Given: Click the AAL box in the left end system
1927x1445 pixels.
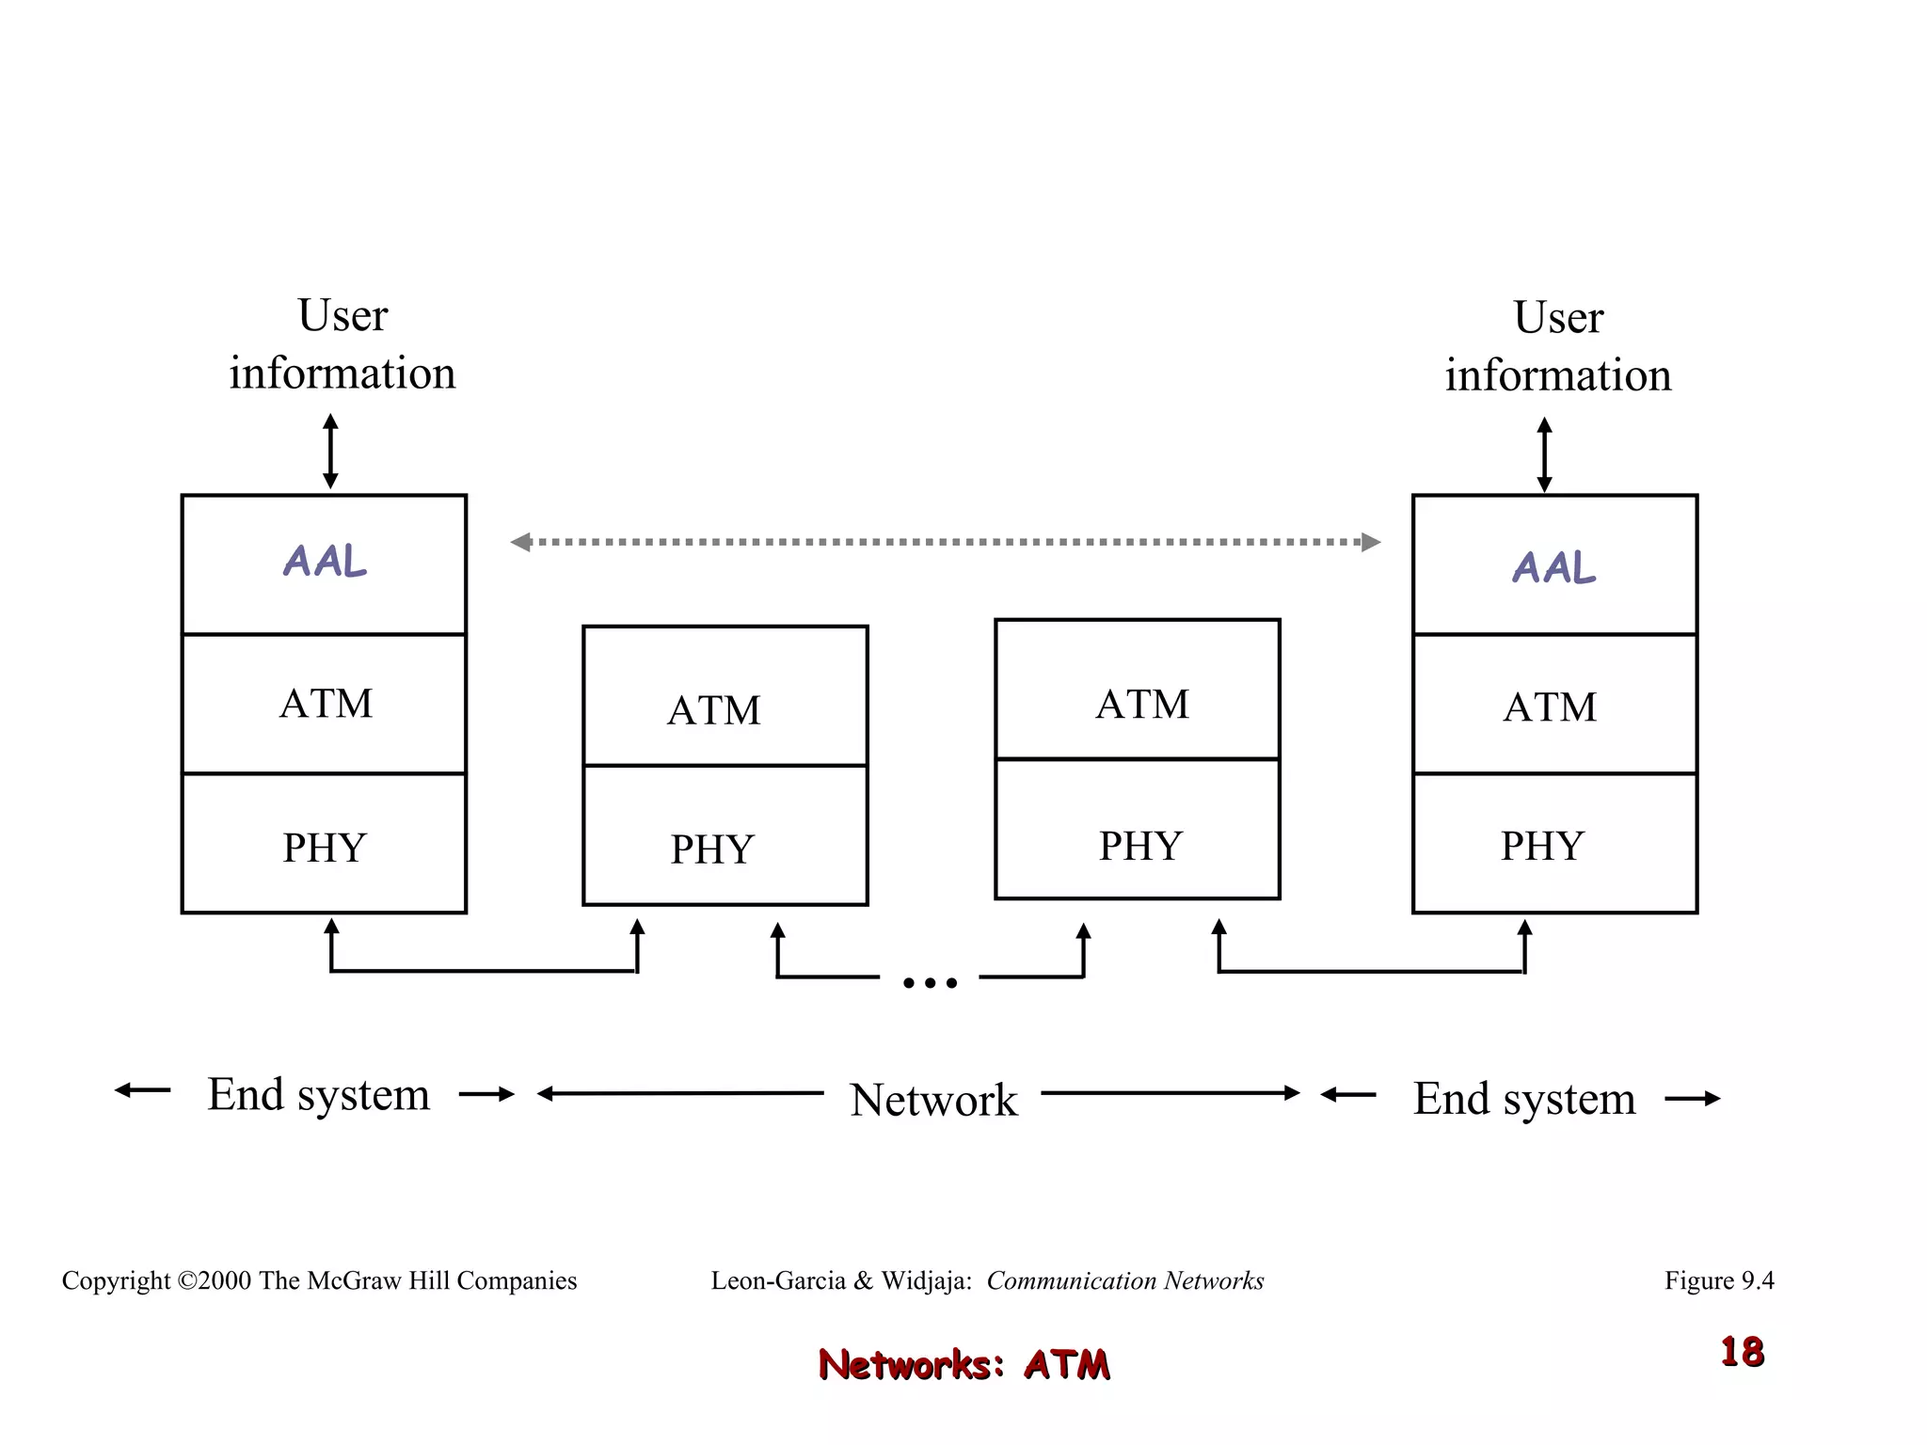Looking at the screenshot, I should (324, 564).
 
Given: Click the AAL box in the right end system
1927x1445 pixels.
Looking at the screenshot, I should (1554, 566).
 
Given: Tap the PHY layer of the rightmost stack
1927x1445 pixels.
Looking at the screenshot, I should (1554, 844).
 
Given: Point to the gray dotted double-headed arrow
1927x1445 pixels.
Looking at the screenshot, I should (945, 542).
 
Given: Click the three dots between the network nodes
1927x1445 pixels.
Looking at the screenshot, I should (930, 983).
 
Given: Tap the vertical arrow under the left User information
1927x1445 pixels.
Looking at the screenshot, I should (330, 451).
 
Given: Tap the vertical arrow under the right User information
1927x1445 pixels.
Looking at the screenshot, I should (1544, 454).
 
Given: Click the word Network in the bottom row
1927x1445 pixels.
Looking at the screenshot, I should (933, 1099).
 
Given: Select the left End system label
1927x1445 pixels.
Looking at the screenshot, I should (318, 1094).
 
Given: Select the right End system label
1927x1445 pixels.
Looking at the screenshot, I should (1523, 1098).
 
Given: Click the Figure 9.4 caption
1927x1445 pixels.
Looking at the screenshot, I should (1718, 1280).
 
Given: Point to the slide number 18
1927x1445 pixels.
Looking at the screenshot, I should (1742, 1352).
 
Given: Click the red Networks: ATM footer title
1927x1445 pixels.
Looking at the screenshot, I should (963, 1364).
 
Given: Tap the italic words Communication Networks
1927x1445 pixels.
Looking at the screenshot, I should (1124, 1280).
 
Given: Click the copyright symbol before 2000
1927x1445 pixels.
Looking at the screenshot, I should (186, 1281).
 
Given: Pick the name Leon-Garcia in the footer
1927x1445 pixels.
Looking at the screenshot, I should (777, 1280).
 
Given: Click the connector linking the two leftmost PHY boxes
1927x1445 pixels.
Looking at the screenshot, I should (484, 970).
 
